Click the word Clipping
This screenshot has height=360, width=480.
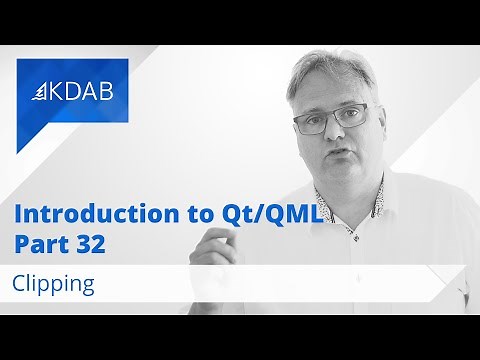(x=54, y=283)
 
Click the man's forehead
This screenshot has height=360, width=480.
(x=325, y=88)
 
